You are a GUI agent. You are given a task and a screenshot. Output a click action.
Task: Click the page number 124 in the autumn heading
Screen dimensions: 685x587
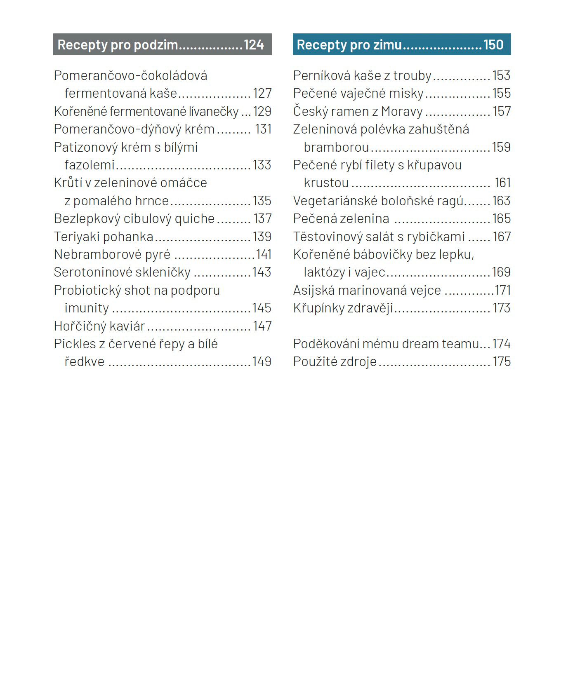coord(254,45)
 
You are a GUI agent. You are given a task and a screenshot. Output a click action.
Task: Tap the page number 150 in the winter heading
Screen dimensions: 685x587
coord(493,45)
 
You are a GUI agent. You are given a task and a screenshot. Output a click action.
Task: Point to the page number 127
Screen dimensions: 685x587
coord(262,94)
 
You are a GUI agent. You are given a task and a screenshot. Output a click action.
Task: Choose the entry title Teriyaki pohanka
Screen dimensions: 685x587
coord(104,237)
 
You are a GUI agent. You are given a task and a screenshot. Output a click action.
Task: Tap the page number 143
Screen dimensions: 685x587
coord(262,272)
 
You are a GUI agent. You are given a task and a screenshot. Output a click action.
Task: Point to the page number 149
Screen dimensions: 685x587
coord(262,362)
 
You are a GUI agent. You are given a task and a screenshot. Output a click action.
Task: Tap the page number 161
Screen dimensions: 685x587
coord(503,183)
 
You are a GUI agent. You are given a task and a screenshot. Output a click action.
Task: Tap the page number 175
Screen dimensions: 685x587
coord(502,362)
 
